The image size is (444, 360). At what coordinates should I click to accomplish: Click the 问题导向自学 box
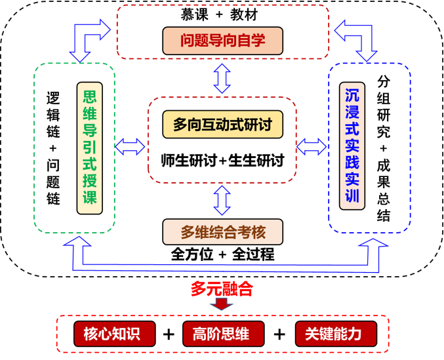pyautogui.click(x=222, y=41)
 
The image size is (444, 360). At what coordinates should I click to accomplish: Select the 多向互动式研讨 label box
pyautogui.click(x=222, y=124)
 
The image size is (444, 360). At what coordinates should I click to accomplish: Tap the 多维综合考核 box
pyautogui.click(x=222, y=232)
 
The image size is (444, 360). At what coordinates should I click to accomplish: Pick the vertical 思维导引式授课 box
pyautogui.click(x=90, y=148)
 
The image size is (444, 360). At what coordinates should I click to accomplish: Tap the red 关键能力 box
pyautogui.click(x=333, y=334)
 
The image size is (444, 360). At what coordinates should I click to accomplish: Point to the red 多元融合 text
pyautogui.click(x=222, y=289)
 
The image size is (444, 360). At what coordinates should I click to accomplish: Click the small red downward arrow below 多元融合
pyautogui.click(x=222, y=304)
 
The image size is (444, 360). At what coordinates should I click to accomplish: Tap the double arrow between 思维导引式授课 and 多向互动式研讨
pyautogui.click(x=131, y=146)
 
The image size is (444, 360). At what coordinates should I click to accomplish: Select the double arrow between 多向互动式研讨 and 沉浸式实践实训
pyautogui.click(x=312, y=146)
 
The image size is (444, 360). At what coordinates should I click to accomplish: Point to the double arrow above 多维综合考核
pyautogui.click(x=222, y=200)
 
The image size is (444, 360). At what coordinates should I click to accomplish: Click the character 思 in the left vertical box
pyautogui.click(x=90, y=95)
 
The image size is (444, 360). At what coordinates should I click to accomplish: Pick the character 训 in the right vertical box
pyautogui.click(x=352, y=196)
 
